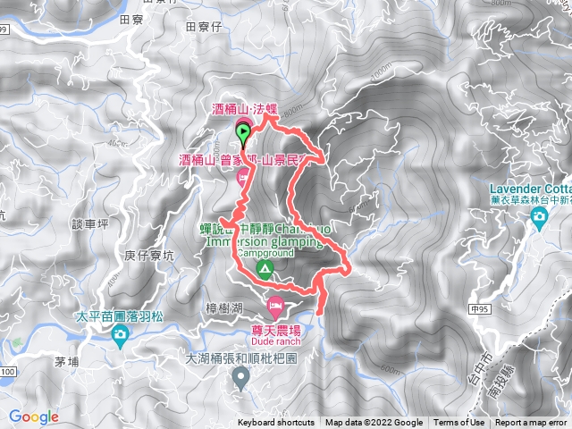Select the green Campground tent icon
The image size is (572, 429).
264,268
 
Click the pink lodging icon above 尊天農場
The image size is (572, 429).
276,307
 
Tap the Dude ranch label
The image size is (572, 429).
276,341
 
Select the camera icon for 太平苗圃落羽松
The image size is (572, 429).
120,335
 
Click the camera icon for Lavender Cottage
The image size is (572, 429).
539,219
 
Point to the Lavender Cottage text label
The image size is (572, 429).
532,189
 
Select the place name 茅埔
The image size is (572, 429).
67,362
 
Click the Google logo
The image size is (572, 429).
33,416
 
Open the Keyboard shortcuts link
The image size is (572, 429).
276,423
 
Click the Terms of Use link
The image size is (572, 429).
459,423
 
